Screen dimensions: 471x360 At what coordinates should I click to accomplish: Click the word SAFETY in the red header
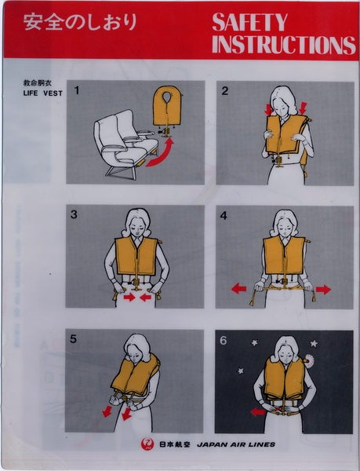point(249,23)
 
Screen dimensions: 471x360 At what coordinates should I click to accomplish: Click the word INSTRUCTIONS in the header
point(283,45)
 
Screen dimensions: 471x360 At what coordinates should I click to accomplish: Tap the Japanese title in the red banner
point(80,22)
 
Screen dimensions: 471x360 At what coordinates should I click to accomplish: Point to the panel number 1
point(76,90)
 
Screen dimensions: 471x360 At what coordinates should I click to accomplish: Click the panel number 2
point(225,90)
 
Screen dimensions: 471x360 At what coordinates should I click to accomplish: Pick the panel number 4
point(225,214)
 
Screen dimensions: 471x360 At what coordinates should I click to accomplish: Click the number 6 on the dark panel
point(225,339)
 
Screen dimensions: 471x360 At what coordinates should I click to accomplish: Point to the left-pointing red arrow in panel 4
point(238,289)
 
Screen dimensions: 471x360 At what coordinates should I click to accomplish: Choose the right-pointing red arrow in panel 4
point(323,289)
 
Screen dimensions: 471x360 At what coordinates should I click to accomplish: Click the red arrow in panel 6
point(257,411)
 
